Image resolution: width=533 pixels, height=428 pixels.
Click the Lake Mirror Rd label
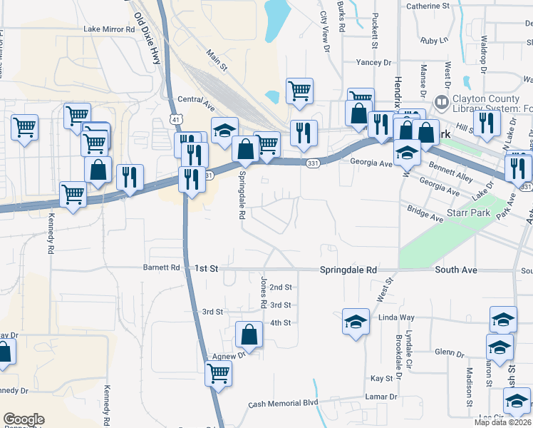tap(109, 30)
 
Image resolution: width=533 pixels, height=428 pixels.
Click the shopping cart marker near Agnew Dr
tap(218, 372)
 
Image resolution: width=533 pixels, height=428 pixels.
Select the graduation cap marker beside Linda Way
tap(356, 322)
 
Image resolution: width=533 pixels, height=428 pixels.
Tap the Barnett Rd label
tap(165, 268)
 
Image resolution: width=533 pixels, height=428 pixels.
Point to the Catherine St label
tap(428, 6)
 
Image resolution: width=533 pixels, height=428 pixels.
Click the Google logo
tap(24, 419)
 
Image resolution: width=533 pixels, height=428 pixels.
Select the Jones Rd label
tap(263, 293)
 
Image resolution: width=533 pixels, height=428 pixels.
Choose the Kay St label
tap(382, 378)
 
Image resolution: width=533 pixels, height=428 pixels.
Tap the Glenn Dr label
tap(450, 353)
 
